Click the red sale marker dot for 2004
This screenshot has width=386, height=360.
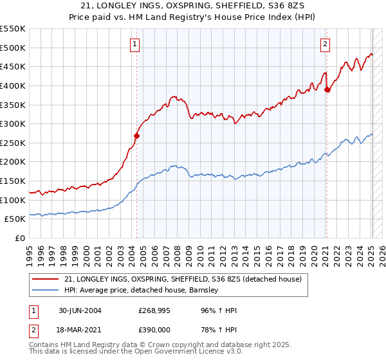[x=136, y=136]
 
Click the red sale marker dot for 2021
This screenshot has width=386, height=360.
[x=327, y=89]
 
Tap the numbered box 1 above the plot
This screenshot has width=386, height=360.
[x=135, y=44]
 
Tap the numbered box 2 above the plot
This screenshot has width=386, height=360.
[x=325, y=44]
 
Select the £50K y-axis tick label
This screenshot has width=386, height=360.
[x=15, y=219]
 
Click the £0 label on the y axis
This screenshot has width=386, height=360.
[x=20, y=239]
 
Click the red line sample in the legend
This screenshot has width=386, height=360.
[x=46, y=278]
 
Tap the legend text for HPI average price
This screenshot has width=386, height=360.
[x=142, y=290]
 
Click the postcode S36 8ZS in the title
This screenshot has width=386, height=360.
[x=291, y=6]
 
